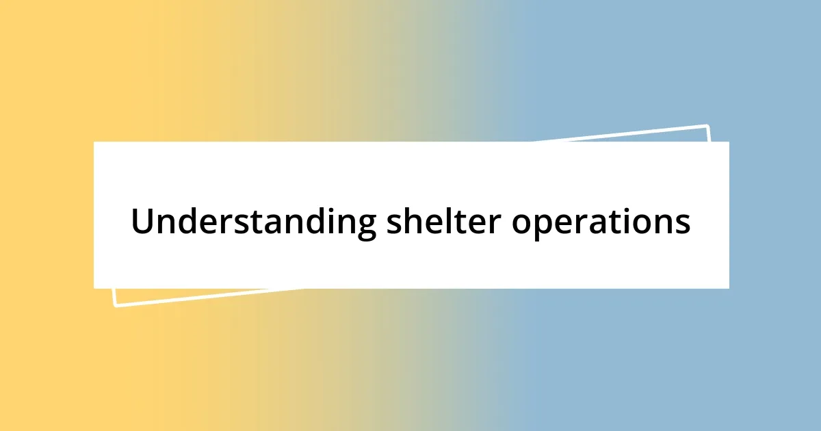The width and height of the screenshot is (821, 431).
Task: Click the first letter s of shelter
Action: (394, 224)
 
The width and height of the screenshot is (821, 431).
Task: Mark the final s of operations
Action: (683, 224)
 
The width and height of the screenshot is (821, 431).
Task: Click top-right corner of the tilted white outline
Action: (707, 126)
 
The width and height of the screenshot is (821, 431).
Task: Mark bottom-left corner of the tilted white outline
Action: (115, 305)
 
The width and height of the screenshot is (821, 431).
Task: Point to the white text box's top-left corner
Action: (94, 142)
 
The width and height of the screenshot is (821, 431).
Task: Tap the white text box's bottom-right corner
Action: (729, 288)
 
